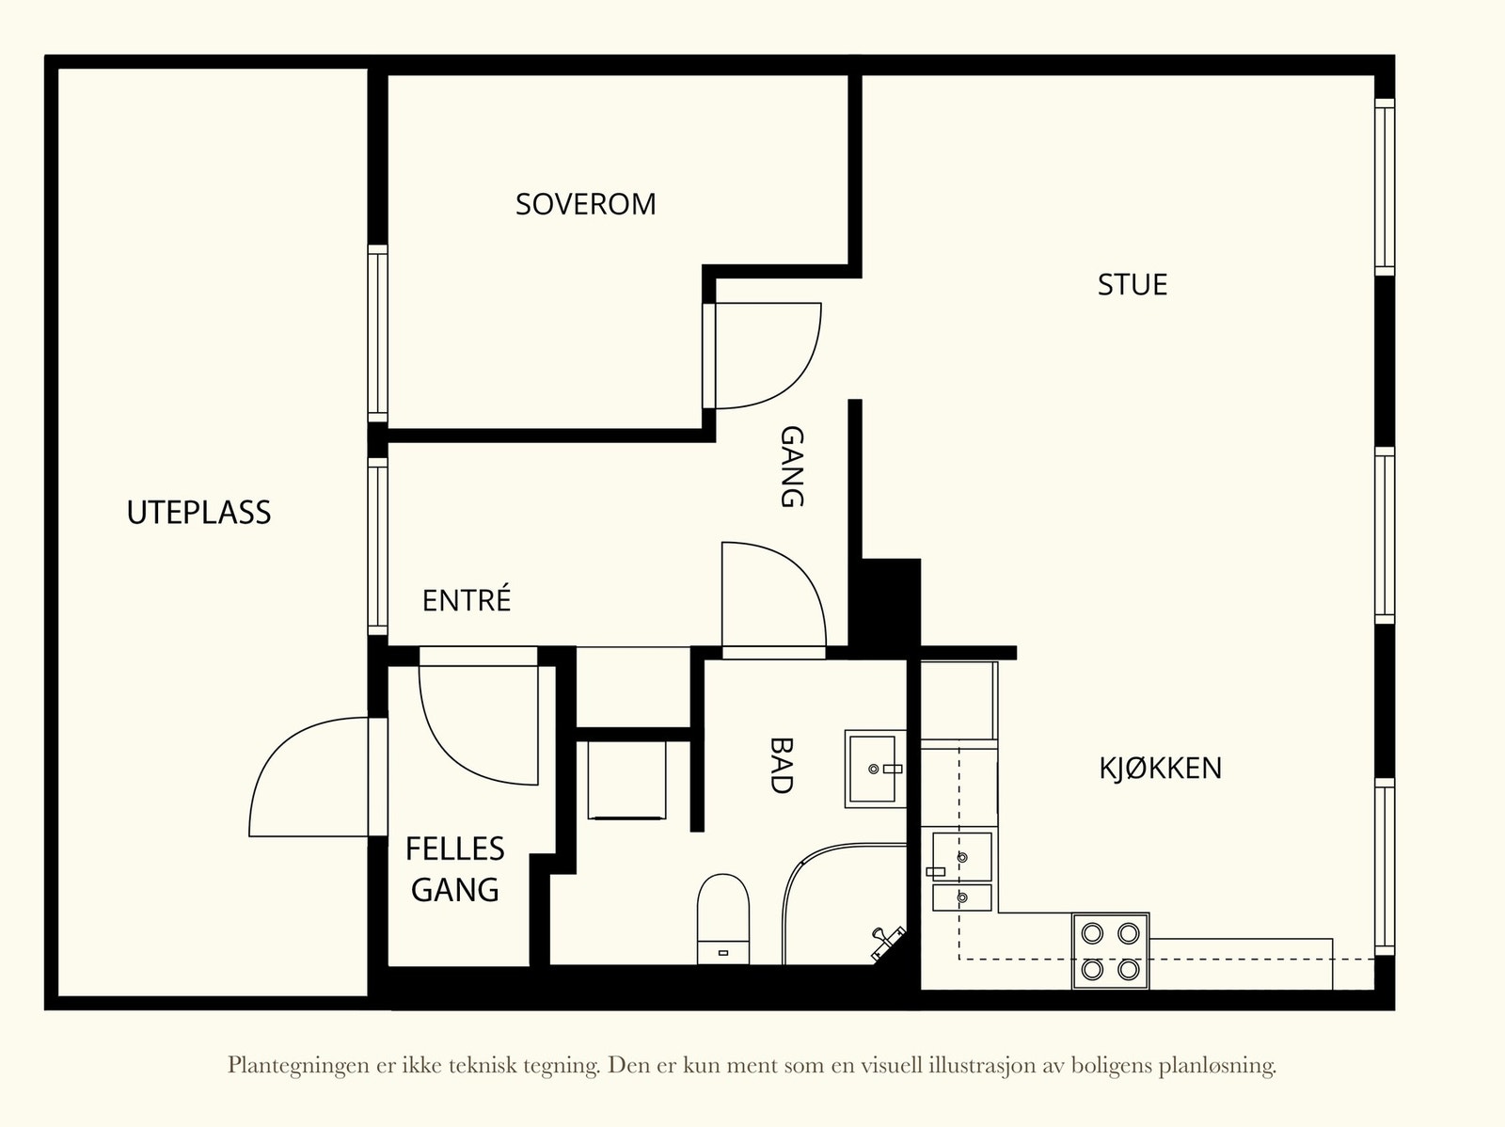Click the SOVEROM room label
click(x=586, y=204)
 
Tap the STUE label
click(x=1132, y=284)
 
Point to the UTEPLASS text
click(x=198, y=512)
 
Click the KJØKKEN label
click(x=1160, y=768)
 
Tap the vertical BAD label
click(x=781, y=765)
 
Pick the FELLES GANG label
click(x=455, y=868)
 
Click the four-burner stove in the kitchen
click(x=1110, y=951)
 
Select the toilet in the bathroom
click(x=723, y=918)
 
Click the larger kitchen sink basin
click(x=962, y=856)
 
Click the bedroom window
click(x=378, y=333)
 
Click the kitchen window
click(x=1385, y=866)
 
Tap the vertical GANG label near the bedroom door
click(x=792, y=467)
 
